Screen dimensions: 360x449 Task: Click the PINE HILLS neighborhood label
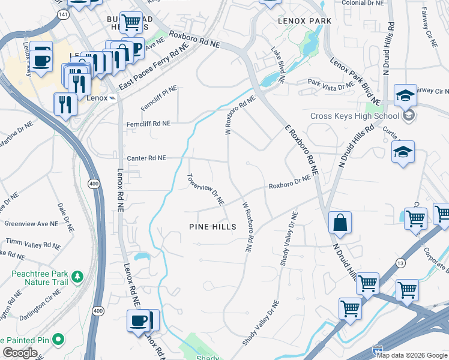[212, 227]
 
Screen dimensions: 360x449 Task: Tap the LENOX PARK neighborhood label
[304, 20]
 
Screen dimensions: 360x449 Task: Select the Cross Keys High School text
[354, 116]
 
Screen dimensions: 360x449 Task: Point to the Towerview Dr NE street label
[206, 189]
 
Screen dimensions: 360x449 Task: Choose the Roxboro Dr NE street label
[290, 182]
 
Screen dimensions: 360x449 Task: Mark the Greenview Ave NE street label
[31, 223]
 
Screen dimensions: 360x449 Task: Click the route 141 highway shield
[63, 13]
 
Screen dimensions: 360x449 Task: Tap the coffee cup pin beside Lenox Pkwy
[41, 60]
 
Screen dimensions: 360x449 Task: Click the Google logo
[20, 353]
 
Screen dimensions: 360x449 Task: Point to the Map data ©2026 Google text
[412, 355]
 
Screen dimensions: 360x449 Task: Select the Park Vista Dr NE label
[331, 85]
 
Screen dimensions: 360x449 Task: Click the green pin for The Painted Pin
[58, 340]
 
